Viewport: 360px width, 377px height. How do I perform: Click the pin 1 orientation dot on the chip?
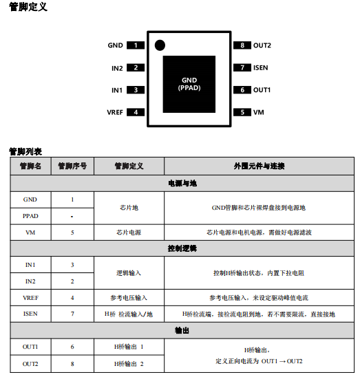[x=160, y=45]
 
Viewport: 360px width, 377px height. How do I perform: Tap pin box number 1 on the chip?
[x=136, y=45]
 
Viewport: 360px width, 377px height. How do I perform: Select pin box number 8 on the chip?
[x=242, y=45]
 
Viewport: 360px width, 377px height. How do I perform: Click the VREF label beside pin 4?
[x=115, y=112]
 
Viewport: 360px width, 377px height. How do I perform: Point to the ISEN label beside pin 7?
[x=261, y=68]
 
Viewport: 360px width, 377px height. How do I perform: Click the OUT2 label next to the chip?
[x=262, y=45]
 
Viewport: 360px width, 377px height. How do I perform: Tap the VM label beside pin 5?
[x=259, y=112]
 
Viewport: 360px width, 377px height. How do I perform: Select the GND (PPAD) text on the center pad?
[x=189, y=84]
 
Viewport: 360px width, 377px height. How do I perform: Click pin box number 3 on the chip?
[x=136, y=90]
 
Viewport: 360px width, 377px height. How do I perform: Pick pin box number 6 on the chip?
[x=242, y=90]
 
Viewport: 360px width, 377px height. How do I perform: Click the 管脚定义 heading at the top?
[x=28, y=7]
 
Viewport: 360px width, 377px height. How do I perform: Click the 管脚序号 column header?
[x=72, y=166]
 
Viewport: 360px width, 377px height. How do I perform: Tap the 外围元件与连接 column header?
[x=259, y=166]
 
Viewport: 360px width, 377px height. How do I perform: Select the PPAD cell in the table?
[x=30, y=216]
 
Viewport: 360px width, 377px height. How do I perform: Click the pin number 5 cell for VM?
[x=72, y=233]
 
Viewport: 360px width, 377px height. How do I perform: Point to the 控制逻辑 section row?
[x=182, y=248]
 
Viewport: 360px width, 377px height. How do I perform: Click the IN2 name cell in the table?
[x=30, y=281]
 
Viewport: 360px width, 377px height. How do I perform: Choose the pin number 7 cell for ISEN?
[x=72, y=314]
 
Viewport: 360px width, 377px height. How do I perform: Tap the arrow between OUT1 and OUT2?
[x=282, y=361]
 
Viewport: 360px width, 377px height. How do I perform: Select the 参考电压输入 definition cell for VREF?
[x=129, y=298]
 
